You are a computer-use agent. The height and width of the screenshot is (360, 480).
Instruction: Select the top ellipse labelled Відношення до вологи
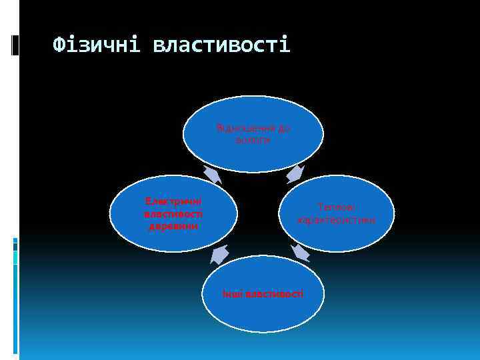[x=253, y=134]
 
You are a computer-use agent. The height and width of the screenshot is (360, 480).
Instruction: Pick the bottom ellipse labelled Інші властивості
[x=263, y=293]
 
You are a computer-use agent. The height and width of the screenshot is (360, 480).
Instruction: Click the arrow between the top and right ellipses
[x=295, y=173]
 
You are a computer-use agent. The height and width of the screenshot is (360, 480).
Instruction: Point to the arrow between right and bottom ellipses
[x=301, y=252]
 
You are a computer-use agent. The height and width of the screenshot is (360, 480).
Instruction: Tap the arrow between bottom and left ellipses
[x=219, y=254]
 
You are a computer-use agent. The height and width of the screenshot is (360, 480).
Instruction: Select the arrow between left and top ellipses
[x=213, y=174]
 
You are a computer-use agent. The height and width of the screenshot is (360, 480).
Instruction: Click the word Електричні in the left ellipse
[x=173, y=201]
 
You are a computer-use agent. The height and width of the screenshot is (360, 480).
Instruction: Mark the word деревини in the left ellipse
[x=173, y=225]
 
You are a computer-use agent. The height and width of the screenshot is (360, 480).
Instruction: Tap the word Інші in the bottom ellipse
[x=233, y=293]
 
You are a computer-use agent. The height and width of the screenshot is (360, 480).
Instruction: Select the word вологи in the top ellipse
[x=253, y=140]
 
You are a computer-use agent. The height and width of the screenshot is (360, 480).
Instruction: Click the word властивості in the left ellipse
[x=173, y=213]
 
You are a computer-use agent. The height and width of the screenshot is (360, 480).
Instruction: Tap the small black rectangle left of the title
[x=15, y=45]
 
